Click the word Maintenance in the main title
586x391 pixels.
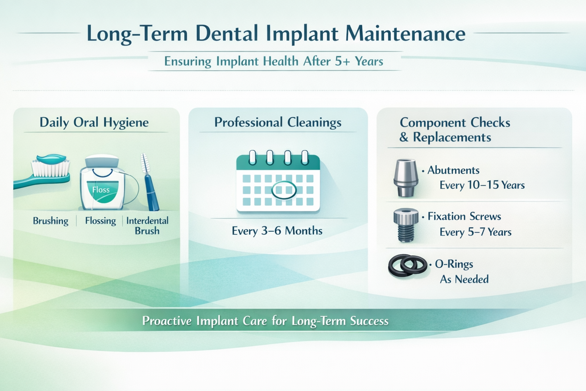[x=405, y=34]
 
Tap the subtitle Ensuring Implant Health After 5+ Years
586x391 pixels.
[x=274, y=61]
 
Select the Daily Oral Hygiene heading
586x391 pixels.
[x=94, y=123]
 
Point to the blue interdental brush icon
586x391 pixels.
[x=150, y=183]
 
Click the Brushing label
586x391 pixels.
[x=50, y=221]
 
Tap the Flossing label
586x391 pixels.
[x=100, y=221]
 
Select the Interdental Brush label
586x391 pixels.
[x=147, y=226]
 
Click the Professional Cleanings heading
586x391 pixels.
[x=278, y=123]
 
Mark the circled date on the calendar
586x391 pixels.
[x=284, y=190]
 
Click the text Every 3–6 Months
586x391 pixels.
[x=277, y=231]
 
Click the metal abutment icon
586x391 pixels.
[x=406, y=178]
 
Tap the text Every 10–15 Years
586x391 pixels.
[x=482, y=186]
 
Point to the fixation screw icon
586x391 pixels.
[x=406, y=225]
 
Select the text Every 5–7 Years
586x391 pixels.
[x=475, y=232]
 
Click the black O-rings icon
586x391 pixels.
[x=407, y=265]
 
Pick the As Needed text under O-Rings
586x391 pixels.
[x=464, y=280]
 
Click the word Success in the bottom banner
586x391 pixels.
[x=369, y=321]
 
